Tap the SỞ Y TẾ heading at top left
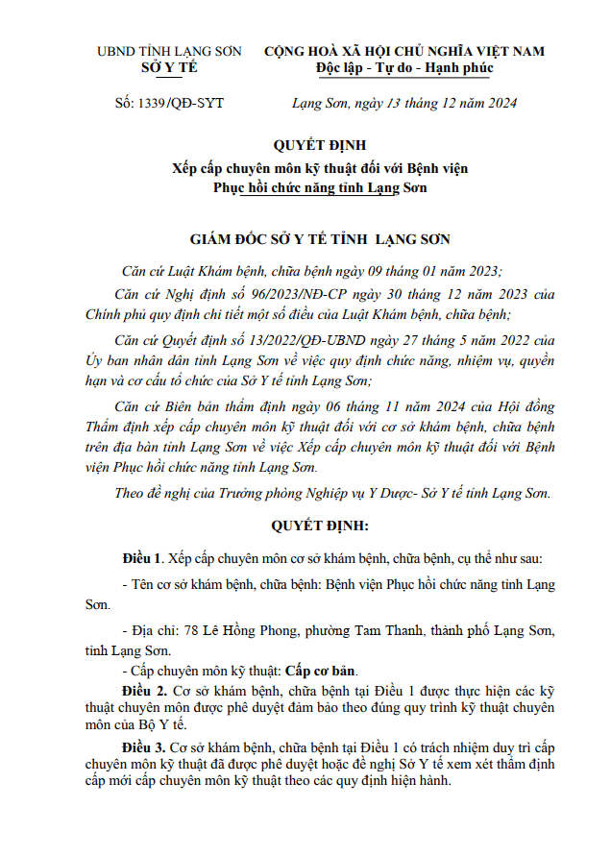(x=169, y=67)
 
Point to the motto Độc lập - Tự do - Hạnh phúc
(x=403, y=68)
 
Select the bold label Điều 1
(x=140, y=557)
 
